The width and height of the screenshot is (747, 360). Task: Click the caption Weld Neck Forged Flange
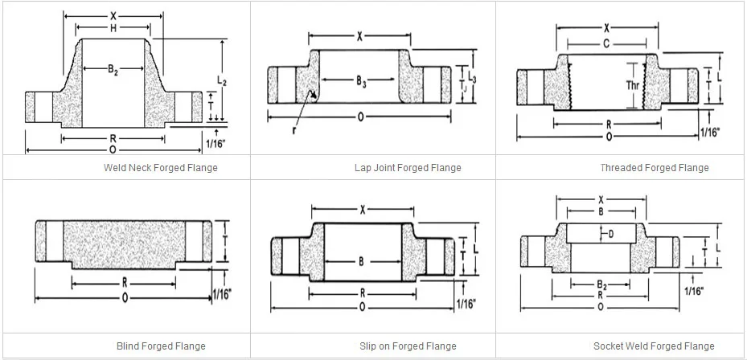click(161, 168)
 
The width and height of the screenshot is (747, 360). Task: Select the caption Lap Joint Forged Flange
click(408, 168)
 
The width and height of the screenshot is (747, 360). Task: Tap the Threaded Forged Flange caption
click(655, 168)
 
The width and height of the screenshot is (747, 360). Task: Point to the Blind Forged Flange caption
click(161, 346)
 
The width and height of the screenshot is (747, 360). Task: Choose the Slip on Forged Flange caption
click(408, 346)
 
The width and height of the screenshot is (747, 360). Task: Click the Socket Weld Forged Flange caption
click(654, 346)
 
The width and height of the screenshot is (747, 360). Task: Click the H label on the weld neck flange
click(113, 29)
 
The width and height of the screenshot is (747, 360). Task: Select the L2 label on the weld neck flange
click(222, 82)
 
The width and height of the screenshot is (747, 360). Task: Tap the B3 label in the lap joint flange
click(362, 80)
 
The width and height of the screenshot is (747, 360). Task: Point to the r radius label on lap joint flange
click(294, 129)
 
